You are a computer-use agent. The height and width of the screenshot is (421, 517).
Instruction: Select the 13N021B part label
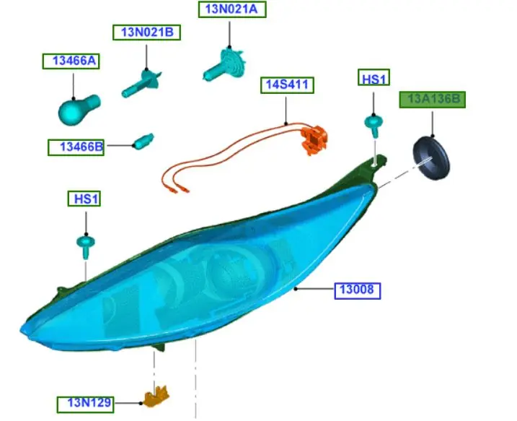(x=146, y=33)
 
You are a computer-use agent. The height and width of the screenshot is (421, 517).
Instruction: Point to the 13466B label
(x=76, y=148)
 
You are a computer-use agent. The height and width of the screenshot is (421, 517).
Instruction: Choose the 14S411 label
(x=287, y=85)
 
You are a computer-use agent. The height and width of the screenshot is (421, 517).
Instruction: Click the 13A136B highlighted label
(x=433, y=100)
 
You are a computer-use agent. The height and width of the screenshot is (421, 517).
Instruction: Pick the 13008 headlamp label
(x=358, y=291)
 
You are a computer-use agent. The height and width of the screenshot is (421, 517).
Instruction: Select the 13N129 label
(x=87, y=403)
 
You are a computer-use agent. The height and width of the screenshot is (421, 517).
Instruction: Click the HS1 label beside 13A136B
(x=374, y=79)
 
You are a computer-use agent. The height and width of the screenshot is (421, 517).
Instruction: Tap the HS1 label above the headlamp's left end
(x=84, y=198)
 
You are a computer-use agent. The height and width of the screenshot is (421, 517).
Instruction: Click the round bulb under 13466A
(x=76, y=109)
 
